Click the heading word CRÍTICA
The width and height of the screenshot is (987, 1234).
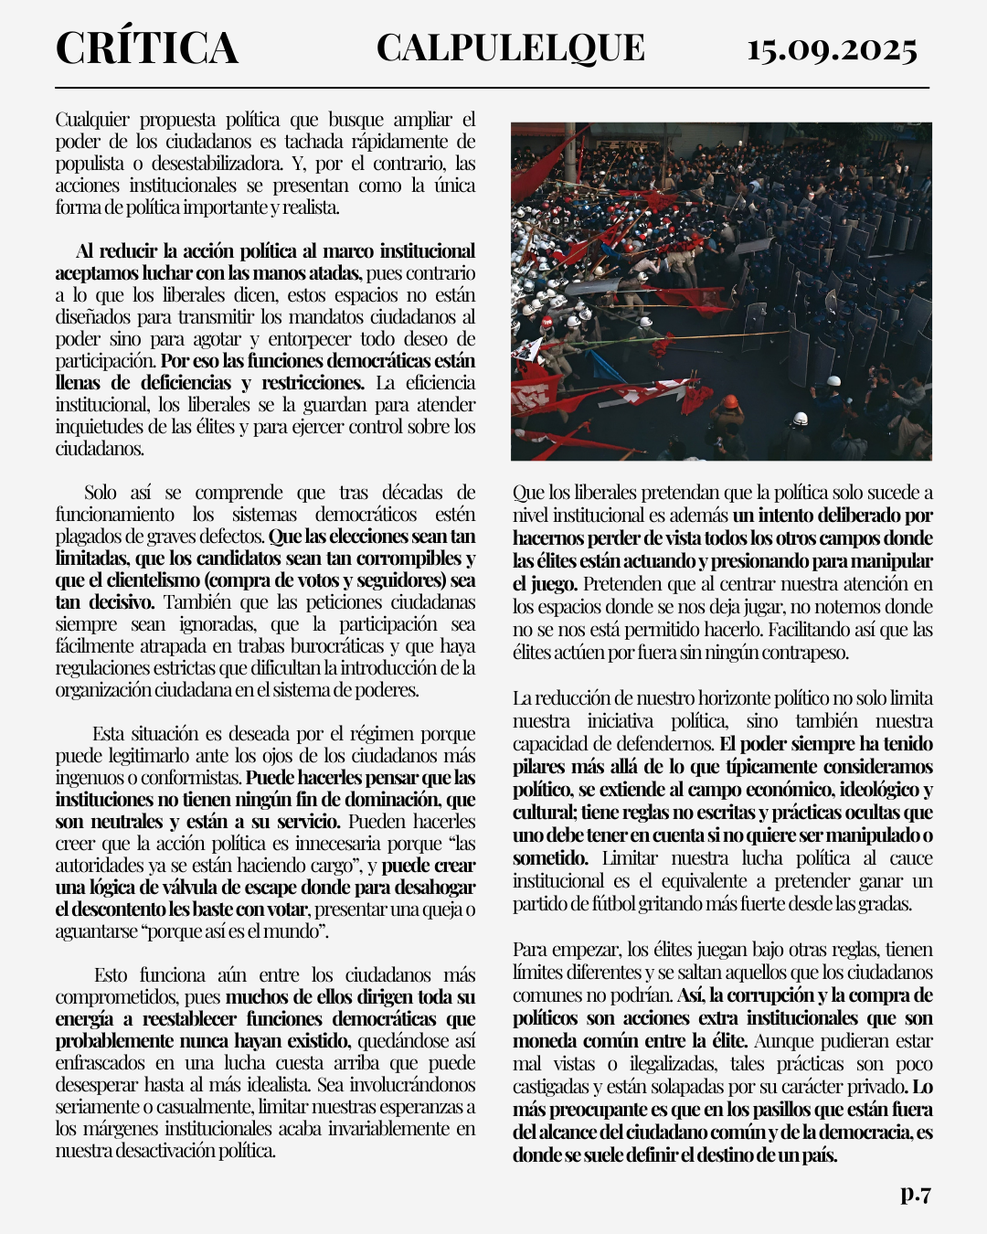click(x=147, y=48)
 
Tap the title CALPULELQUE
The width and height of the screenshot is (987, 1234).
click(x=510, y=48)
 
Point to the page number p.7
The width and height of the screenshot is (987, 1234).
click(x=915, y=1193)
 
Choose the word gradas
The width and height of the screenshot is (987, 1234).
click(x=886, y=904)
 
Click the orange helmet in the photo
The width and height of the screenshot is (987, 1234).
click(x=727, y=403)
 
